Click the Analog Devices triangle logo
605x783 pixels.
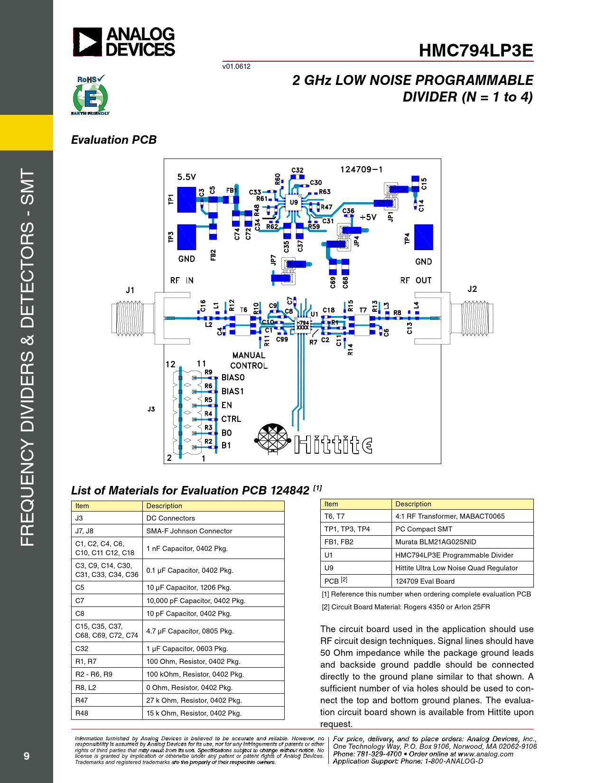tap(87, 42)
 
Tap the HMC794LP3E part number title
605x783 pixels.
tap(475, 51)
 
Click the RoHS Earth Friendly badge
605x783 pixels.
tap(90, 95)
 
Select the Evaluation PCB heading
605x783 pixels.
tap(114, 140)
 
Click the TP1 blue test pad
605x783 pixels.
tap(186, 199)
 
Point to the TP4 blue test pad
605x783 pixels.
tap(423, 237)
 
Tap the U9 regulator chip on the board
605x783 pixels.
tap(294, 203)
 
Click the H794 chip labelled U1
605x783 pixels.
tap(302, 326)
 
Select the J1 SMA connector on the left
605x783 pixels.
tap(133, 318)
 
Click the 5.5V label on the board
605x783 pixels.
tap(186, 177)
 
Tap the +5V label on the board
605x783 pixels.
tap(368, 217)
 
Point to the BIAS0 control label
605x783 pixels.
tap(233, 378)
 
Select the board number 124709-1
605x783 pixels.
tap(361, 169)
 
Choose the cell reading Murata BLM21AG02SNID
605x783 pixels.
tap(436, 542)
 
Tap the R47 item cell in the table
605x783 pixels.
tap(82, 700)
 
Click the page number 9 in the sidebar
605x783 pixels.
tap(27, 756)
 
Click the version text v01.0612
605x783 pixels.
tap(236, 66)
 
